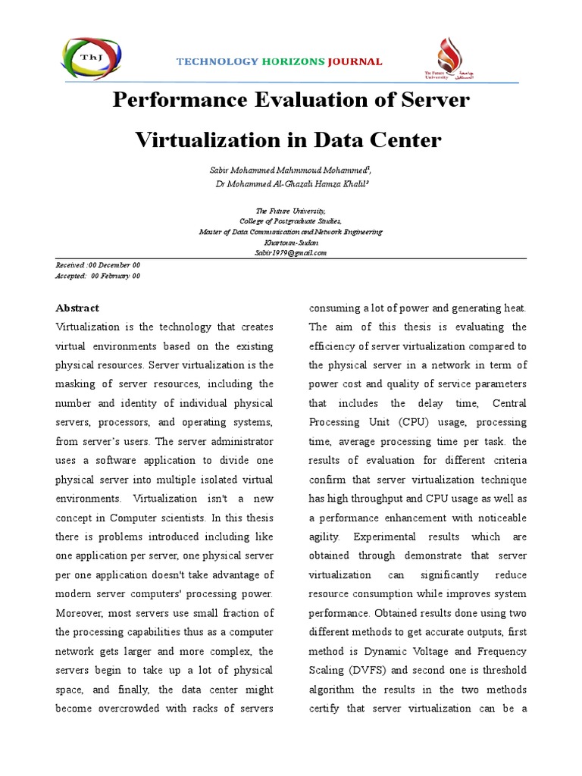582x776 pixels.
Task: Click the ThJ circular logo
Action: point(89,56)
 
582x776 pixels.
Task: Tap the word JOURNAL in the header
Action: point(355,61)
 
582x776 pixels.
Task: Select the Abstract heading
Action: point(77,308)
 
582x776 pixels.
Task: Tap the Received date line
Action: point(99,266)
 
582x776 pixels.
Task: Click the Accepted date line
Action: point(99,277)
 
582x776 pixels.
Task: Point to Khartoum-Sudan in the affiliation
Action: point(291,242)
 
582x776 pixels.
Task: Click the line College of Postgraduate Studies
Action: point(291,221)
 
